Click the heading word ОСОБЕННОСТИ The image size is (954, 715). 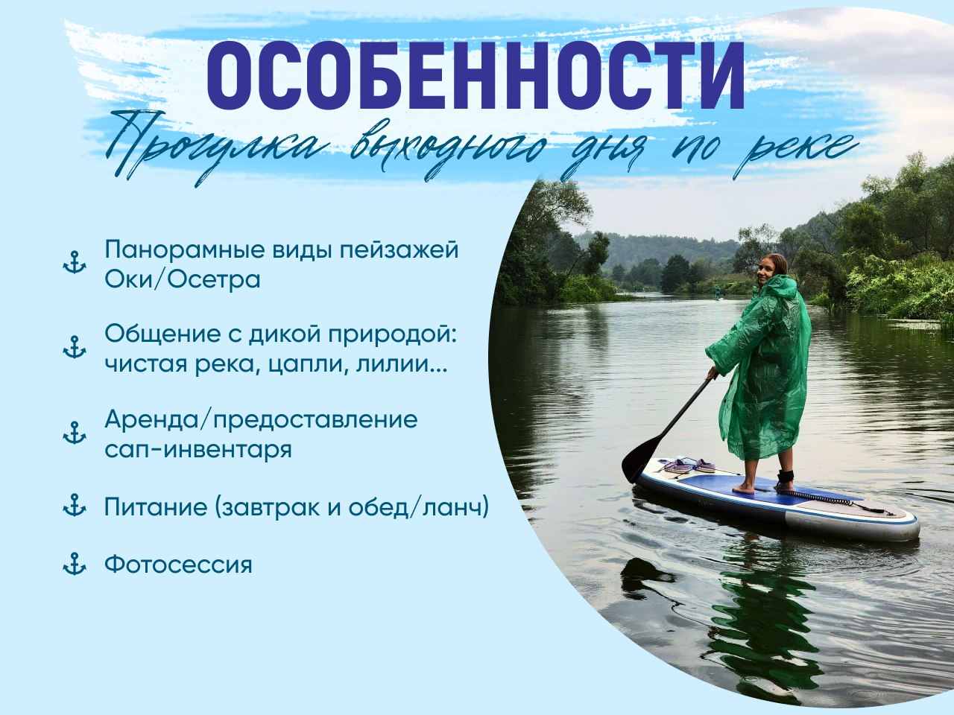[476, 75]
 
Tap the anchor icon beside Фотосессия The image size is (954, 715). [75, 564]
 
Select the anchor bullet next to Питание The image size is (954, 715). [75, 505]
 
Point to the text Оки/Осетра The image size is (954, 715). [183, 279]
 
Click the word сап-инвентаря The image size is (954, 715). [198, 450]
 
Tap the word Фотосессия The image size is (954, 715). [178, 565]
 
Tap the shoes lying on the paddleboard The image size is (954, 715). [689, 465]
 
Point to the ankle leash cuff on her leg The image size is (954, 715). [786, 475]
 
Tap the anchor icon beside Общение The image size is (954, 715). [75, 347]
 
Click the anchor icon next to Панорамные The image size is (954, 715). [75, 261]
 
